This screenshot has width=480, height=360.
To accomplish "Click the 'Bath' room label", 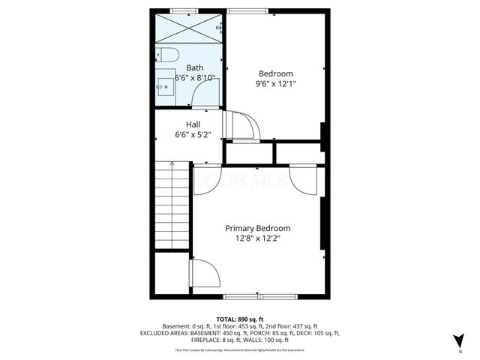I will pos(194,67).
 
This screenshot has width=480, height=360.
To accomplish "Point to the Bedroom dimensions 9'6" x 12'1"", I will pos(275,85).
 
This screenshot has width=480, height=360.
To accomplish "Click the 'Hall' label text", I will pos(193,124).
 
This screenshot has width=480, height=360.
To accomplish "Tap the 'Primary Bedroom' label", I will pos(258,228).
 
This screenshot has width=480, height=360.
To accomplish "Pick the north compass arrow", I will pos(460,340).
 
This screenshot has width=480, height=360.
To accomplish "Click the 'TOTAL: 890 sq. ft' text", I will pos(240,319).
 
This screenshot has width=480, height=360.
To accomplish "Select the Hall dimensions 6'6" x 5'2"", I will pos(193,136).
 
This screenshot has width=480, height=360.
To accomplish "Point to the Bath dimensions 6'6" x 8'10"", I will pos(195,78).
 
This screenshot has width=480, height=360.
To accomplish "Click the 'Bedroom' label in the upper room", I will pos(275,73).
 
